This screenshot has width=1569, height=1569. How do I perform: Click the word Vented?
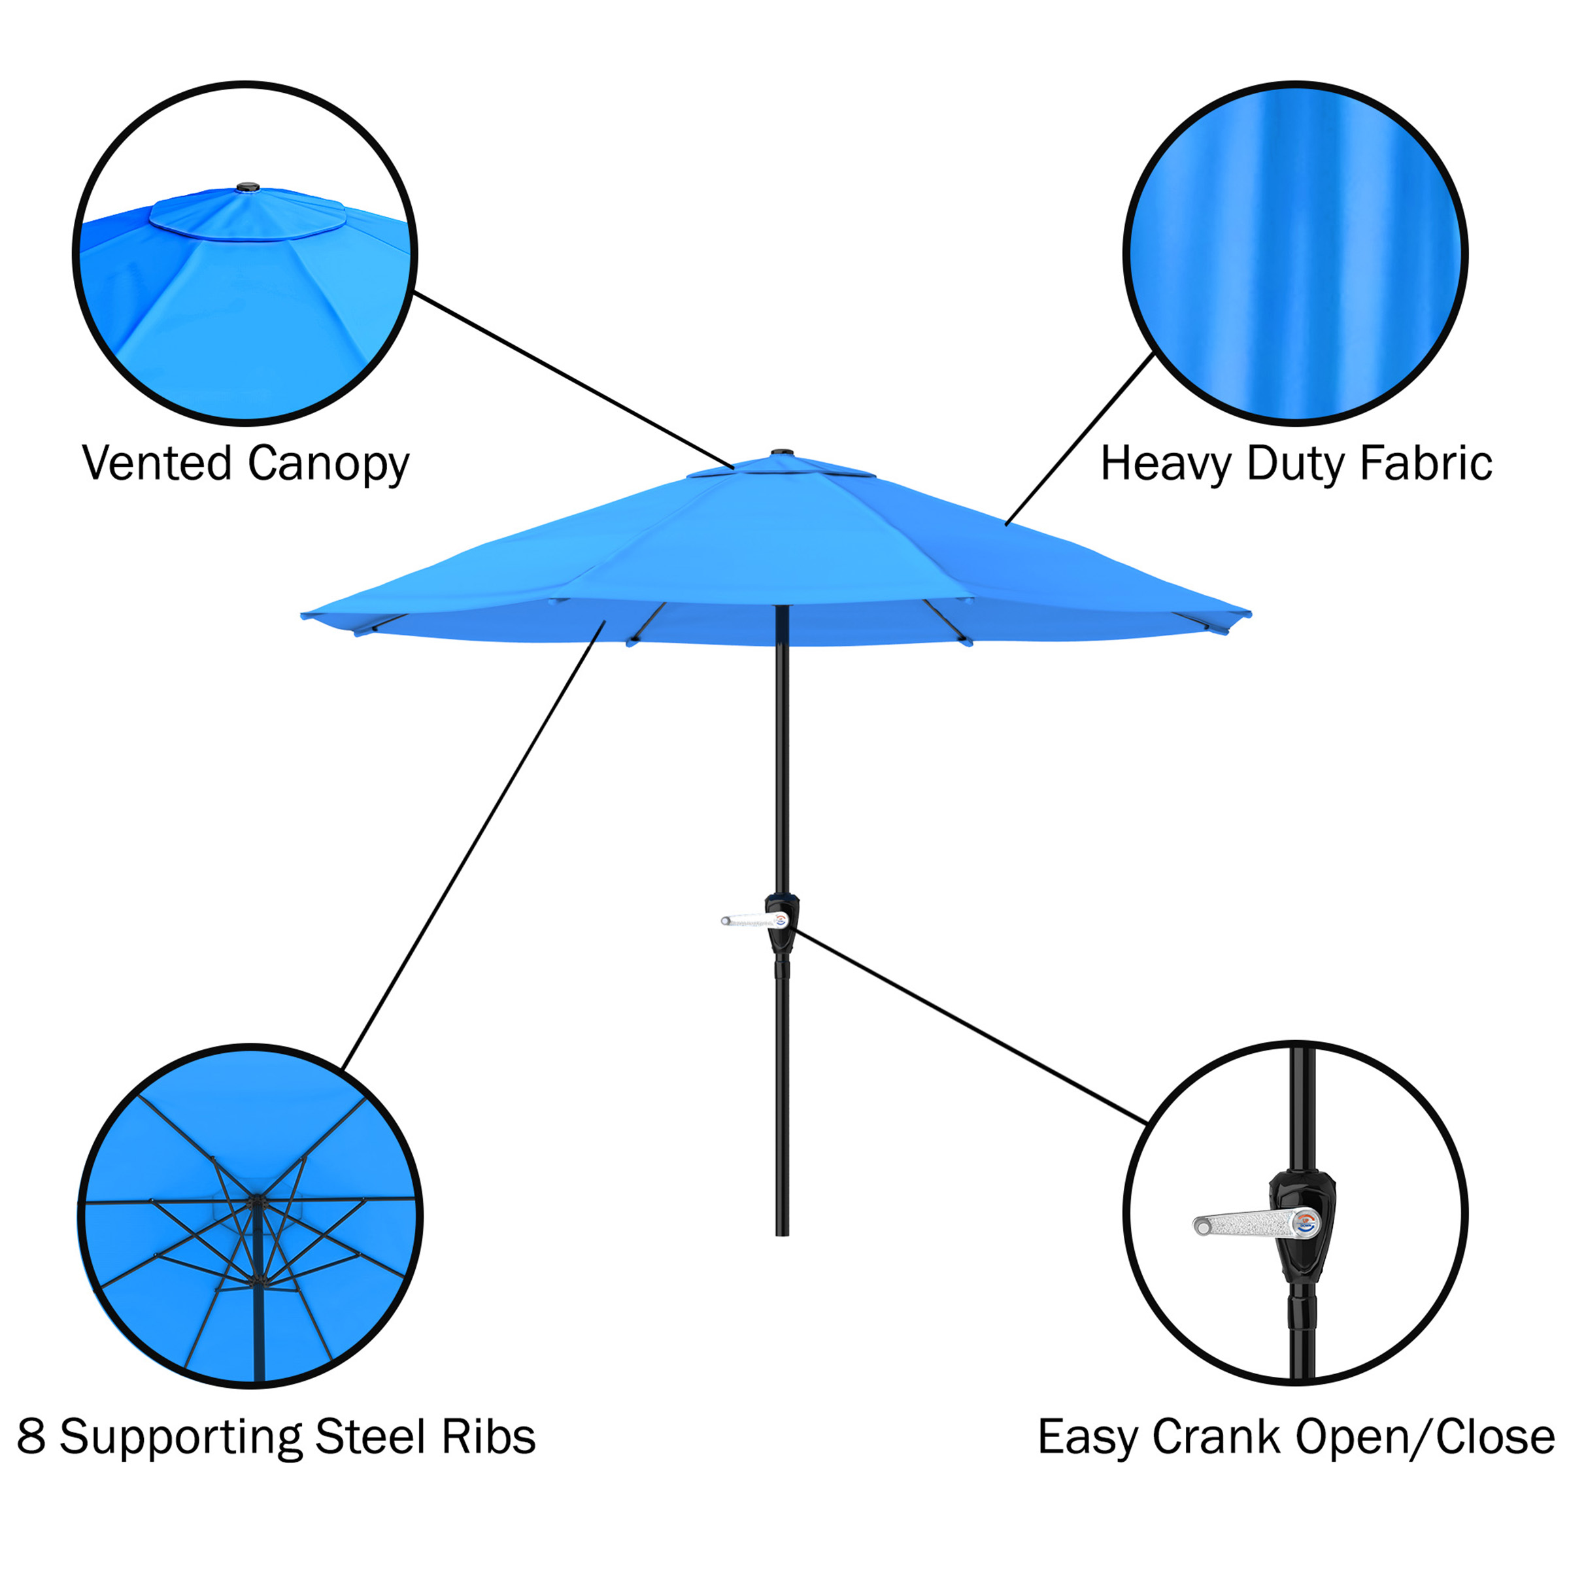click(x=157, y=464)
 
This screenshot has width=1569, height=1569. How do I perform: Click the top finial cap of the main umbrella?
click(x=781, y=453)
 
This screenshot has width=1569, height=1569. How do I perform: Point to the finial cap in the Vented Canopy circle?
click(x=248, y=188)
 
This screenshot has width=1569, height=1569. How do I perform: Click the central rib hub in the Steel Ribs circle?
click(x=257, y=1203)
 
